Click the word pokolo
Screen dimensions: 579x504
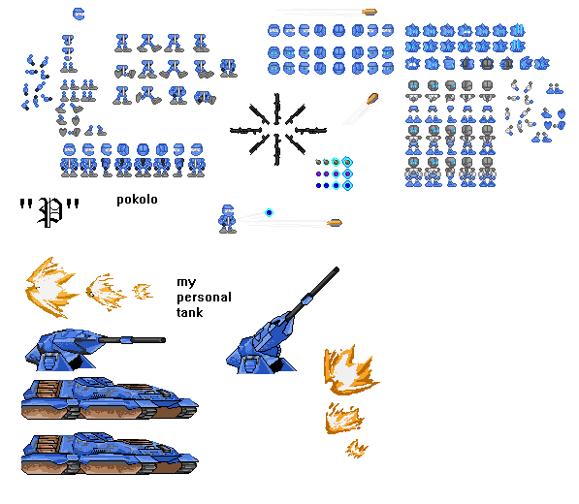point(137,200)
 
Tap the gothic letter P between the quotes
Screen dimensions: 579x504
point(49,212)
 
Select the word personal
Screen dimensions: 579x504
point(205,298)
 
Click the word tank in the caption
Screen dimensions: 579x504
point(190,312)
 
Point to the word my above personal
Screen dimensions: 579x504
point(186,283)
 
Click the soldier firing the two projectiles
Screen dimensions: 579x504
point(227,219)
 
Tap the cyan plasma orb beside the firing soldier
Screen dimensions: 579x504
point(270,212)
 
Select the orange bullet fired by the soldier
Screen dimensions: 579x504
point(335,223)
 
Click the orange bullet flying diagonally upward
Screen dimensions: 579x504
point(372,99)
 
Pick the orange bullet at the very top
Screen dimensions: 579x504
point(370,13)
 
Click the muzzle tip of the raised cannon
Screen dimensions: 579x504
point(337,269)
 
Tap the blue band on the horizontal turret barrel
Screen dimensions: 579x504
point(126,340)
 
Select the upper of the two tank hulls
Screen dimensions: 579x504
point(110,398)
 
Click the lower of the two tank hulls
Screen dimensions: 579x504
point(110,454)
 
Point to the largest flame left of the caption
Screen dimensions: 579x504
point(51,288)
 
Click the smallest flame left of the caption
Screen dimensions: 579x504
point(143,292)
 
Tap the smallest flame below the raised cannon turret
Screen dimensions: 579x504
point(357,449)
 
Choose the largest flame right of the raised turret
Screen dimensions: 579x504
point(350,370)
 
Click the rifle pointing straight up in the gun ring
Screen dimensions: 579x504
point(276,109)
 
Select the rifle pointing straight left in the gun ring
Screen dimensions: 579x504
point(245,130)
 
